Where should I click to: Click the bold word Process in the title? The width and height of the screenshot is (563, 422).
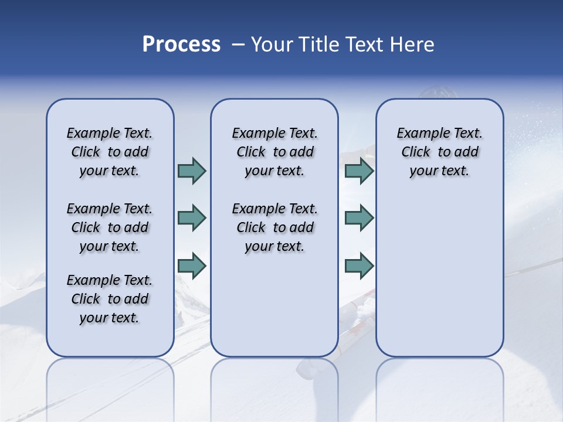(181, 45)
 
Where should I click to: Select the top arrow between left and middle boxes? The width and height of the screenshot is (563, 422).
(192, 171)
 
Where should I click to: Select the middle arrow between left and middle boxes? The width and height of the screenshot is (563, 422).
(192, 218)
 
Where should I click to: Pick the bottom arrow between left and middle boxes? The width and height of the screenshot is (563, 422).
(192, 266)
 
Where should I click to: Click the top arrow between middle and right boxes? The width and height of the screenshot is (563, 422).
(359, 171)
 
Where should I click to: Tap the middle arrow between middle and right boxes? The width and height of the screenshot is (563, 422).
(359, 218)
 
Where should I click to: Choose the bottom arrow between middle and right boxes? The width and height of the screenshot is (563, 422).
(359, 266)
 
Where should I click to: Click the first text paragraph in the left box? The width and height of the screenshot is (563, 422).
(110, 152)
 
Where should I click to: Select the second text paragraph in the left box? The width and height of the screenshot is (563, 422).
(110, 227)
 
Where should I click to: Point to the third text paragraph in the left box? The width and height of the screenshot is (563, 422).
(110, 299)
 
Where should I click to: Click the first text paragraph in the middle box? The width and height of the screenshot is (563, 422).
(274, 152)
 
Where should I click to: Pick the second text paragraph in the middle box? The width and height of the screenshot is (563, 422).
(274, 227)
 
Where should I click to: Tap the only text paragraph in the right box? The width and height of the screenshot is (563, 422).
(439, 152)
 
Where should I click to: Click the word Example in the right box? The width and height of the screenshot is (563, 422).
(418, 133)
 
